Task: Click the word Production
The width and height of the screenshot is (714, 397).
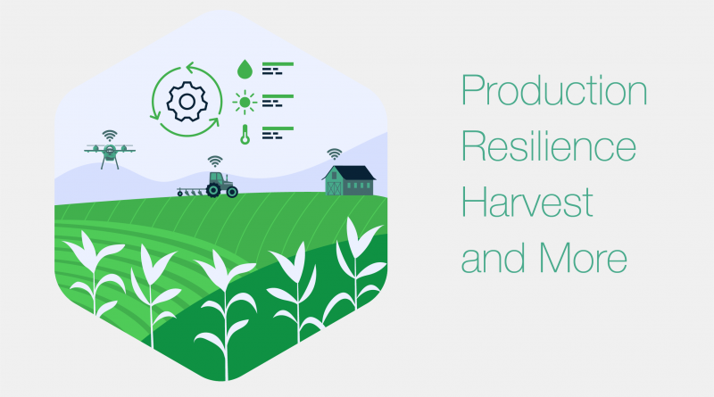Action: coord(554,90)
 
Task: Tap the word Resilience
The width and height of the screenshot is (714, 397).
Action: coord(549,145)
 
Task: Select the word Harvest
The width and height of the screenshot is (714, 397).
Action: coord(527,203)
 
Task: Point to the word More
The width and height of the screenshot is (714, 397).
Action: coord(583,258)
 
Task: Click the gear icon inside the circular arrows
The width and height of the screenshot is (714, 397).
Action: coord(187,102)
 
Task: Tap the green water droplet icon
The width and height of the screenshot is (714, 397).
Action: coord(245,70)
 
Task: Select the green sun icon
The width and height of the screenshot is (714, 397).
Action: coord(245,103)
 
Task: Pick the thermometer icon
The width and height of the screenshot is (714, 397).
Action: coord(245,135)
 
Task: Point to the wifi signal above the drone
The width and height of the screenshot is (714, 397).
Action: coord(110,136)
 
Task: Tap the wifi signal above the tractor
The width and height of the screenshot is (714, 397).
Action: coord(215,161)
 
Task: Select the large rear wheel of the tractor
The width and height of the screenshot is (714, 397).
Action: coord(213,189)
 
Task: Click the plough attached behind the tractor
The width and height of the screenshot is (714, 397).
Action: coord(191,192)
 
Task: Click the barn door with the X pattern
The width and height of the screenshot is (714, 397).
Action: coord(334,188)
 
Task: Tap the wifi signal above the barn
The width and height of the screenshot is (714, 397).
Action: coord(334,153)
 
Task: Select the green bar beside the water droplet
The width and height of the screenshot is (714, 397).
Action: coord(278,64)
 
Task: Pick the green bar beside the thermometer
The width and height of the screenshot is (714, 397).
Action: coord(278,128)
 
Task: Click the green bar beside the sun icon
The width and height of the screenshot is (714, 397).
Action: coord(278,96)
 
